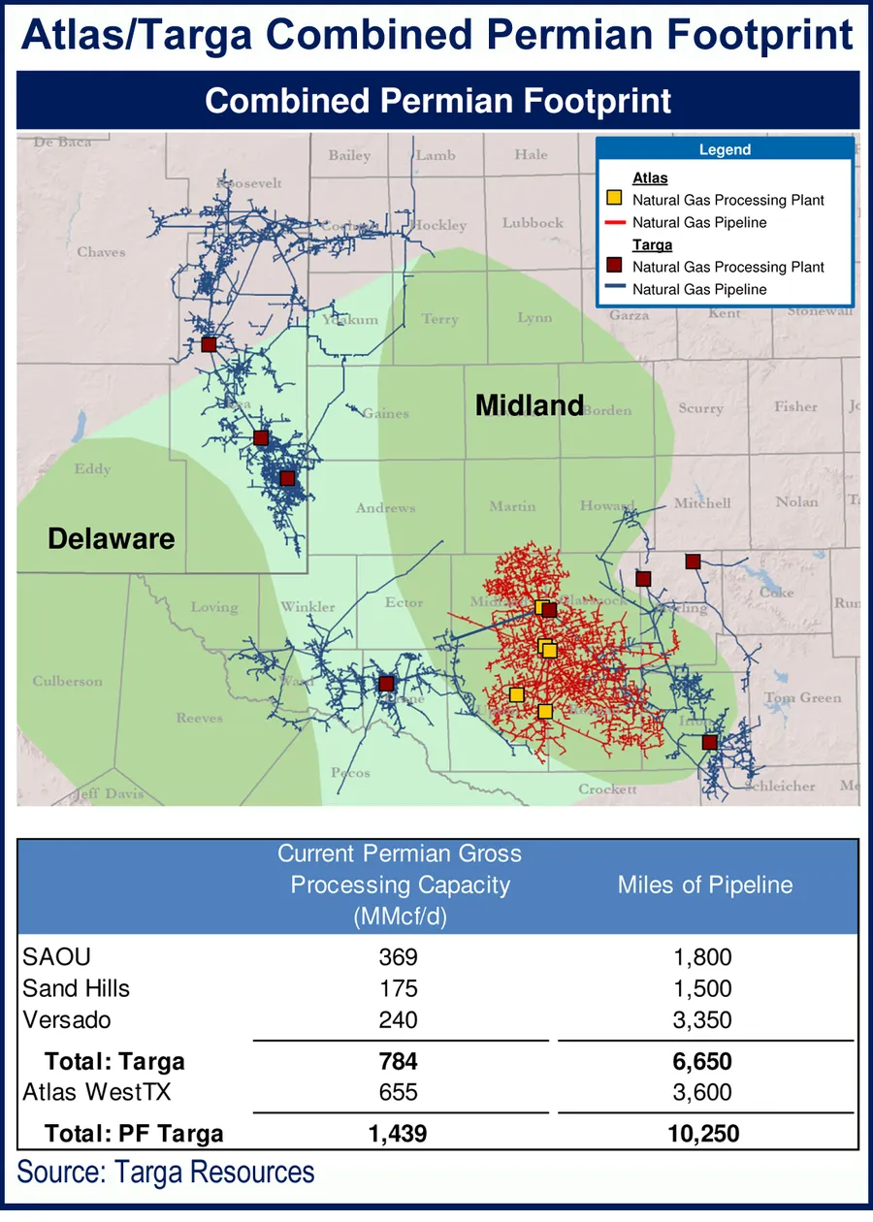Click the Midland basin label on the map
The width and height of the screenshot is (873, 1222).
(x=530, y=405)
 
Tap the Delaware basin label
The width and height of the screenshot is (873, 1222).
(x=112, y=538)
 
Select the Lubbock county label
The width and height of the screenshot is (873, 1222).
(x=533, y=223)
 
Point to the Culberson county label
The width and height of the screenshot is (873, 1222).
(x=67, y=681)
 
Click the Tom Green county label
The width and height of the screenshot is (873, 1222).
(x=802, y=697)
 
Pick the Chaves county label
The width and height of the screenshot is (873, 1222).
(x=101, y=252)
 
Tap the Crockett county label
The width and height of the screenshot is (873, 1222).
(x=608, y=789)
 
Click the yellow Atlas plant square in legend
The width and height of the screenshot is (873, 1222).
(x=615, y=199)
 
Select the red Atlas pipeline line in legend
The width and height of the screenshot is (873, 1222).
(x=615, y=222)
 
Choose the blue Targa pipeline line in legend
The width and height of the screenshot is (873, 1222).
(x=615, y=289)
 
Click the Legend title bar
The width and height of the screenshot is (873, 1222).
(x=725, y=149)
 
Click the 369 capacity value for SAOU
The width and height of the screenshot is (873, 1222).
(x=398, y=957)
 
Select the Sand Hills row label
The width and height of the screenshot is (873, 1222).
(x=76, y=988)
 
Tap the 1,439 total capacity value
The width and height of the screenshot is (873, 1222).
(x=398, y=1133)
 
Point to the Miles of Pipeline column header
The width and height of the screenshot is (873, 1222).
(x=704, y=884)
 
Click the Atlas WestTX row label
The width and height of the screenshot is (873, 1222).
(x=97, y=1092)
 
